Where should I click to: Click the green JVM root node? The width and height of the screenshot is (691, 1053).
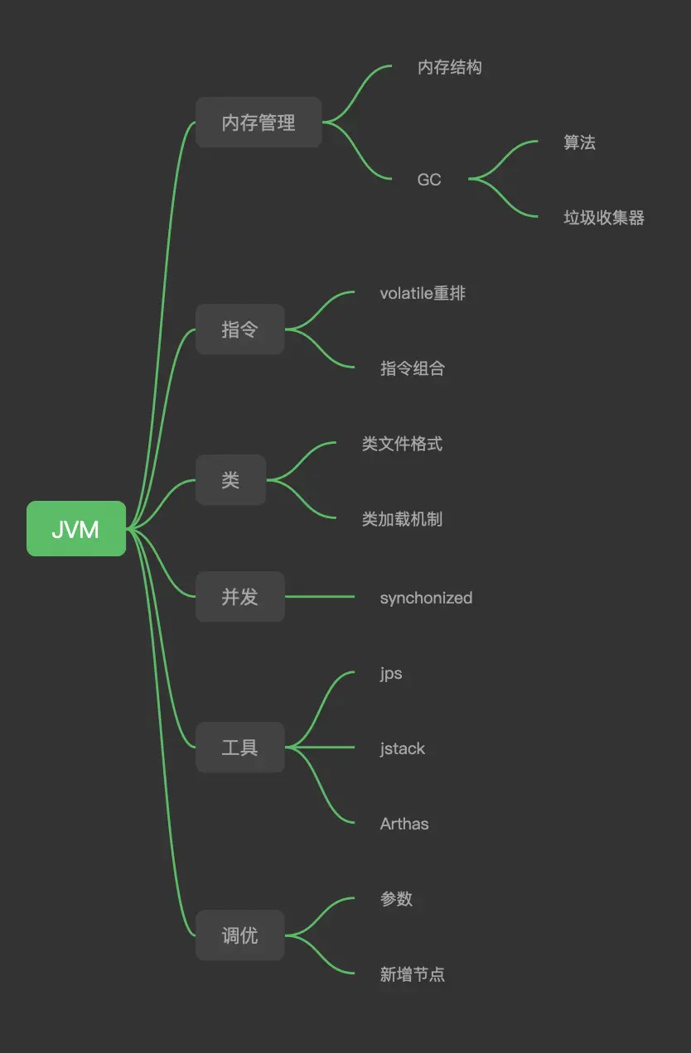pos(76,529)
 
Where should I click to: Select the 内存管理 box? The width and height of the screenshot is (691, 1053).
pos(259,123)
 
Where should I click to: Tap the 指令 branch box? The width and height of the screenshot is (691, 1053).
pos(240,329)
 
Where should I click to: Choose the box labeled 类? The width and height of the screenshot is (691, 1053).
pos(230,480)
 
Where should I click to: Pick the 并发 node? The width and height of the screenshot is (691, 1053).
pos(240,597)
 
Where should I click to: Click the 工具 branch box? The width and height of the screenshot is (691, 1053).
pos(240,748)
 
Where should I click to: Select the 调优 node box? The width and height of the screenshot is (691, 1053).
pos(240,935)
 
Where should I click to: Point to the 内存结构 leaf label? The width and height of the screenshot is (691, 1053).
pos(450,67)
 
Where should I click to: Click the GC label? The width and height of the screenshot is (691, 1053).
pos(429,180)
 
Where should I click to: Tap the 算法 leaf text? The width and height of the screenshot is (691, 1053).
pos(580,142)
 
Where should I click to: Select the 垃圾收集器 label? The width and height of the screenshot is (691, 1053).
pos(604,218)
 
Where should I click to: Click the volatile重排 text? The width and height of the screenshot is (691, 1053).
pos(423,293)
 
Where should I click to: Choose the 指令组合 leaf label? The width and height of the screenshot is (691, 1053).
pos(413,368)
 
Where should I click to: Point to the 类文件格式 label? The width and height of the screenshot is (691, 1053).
pos(403,444)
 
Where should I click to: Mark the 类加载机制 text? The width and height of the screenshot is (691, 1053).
pos(403,519)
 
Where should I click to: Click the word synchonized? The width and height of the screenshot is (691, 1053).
pos(426,598)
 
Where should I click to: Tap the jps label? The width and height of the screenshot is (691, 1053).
pos(391,673)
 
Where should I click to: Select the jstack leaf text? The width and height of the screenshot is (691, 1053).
pos(403,748)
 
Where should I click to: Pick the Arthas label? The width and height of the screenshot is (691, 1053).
pos(404,824)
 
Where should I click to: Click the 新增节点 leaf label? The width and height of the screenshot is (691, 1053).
pos(413,974)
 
